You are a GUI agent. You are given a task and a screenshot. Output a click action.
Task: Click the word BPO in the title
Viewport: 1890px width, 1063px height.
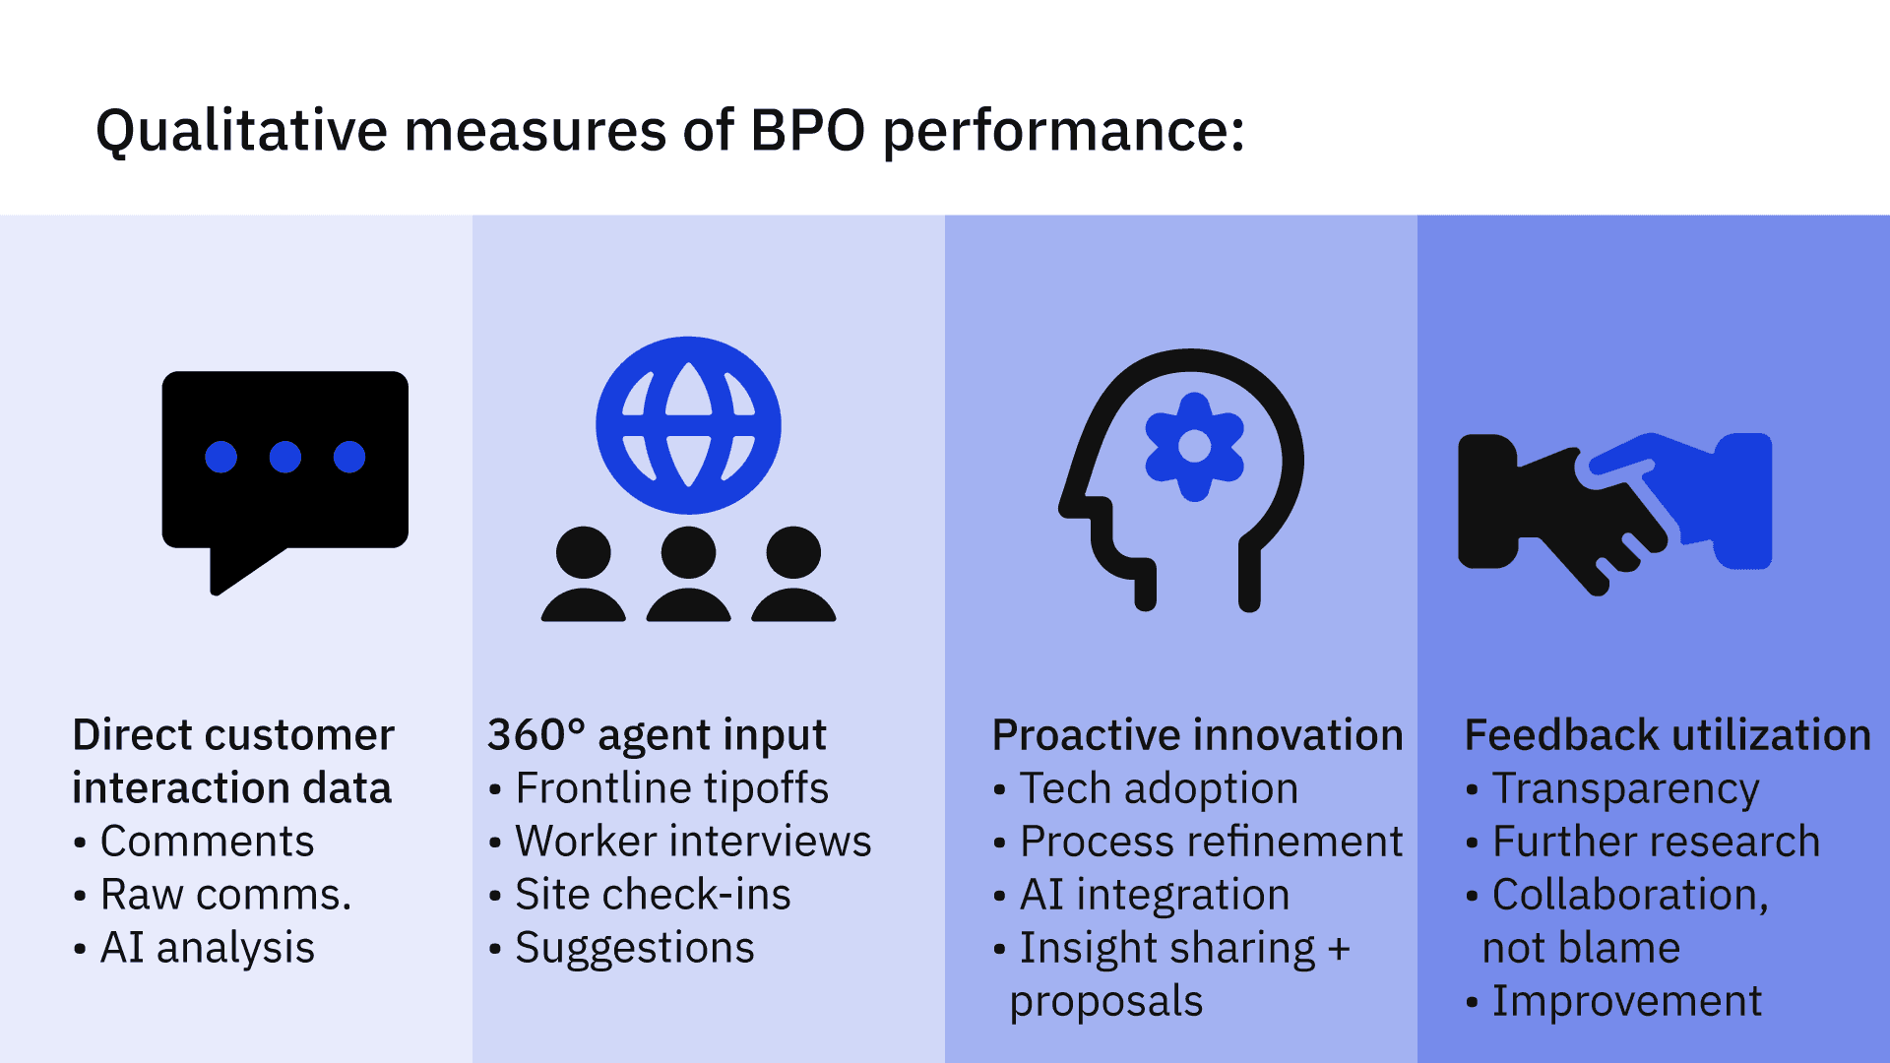pos(807,130)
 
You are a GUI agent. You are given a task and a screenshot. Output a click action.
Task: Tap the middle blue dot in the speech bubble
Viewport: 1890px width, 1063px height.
pos(285,457)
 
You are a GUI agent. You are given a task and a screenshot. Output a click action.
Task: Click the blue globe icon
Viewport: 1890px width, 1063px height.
pos(688,425)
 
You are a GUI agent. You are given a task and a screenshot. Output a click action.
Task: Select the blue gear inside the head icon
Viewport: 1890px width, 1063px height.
pos(1194,447)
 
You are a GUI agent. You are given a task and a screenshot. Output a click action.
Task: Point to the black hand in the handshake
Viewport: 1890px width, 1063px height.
pos(1555,512)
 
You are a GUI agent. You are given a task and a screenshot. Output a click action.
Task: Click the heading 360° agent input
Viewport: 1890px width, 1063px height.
pos(657,735)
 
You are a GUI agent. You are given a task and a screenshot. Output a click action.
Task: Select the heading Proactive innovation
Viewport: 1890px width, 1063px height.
pos(1197,735)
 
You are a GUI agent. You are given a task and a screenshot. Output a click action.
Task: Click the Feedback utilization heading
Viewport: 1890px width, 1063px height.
pos(1668,735)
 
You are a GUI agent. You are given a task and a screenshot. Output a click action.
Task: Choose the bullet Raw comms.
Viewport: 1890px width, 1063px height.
pos(213,895)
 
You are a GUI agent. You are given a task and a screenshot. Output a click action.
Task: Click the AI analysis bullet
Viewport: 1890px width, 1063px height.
pos(195,948)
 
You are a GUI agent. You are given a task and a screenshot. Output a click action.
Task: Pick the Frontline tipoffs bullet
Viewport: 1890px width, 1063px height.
pos(659,788)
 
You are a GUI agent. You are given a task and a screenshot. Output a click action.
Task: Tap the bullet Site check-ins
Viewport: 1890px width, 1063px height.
pos(640,895)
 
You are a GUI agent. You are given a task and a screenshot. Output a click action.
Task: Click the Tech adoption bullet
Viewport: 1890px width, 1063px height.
pos(1146,788)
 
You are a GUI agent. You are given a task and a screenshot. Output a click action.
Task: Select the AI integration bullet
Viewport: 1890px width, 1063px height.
pos(1142,895)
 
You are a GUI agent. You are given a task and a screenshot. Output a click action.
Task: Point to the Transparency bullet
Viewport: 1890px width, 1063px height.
pos(1612,788)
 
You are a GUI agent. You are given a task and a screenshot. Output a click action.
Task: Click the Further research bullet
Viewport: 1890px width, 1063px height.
pos(1643,842)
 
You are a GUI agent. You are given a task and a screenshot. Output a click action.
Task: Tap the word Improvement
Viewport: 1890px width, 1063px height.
pos(1626,1001)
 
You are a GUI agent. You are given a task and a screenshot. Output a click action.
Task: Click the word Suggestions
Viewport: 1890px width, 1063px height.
pos(635,948)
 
